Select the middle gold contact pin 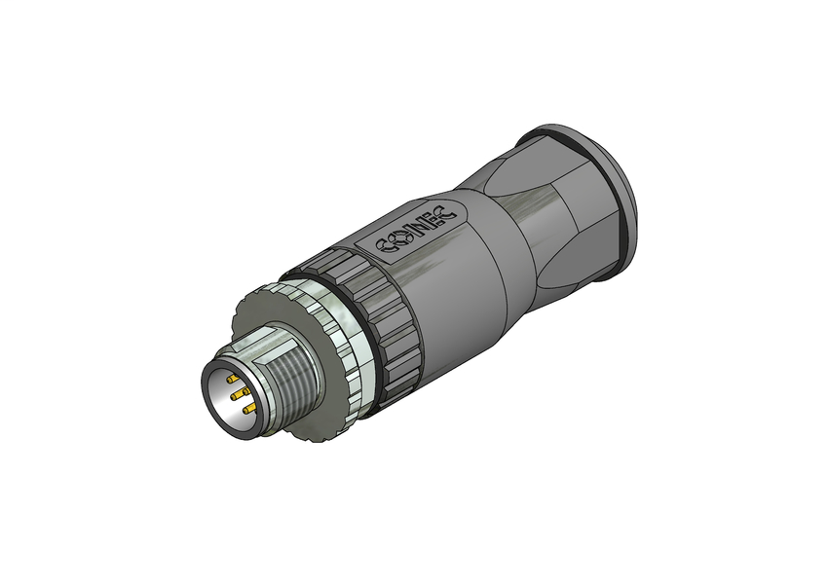click(x=238, y=394)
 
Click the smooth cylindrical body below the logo click(x=458, y=292)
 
